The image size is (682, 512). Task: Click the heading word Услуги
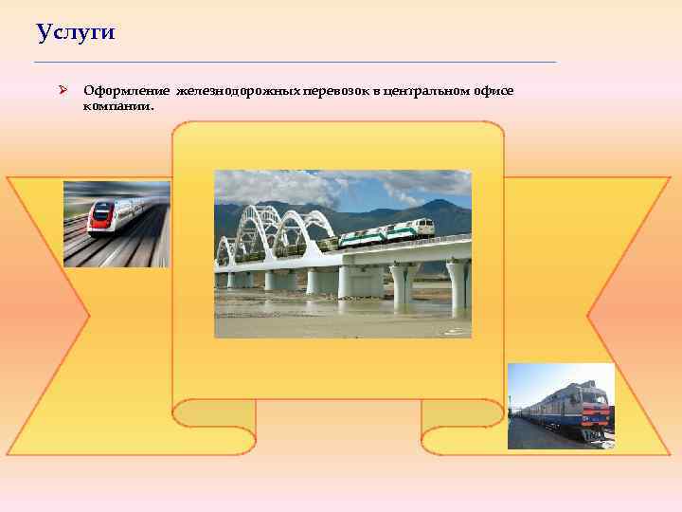(x=75, y=33)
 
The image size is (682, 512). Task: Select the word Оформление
(x=123, y=90)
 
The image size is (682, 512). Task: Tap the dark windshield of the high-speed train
(x=99, y=210)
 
